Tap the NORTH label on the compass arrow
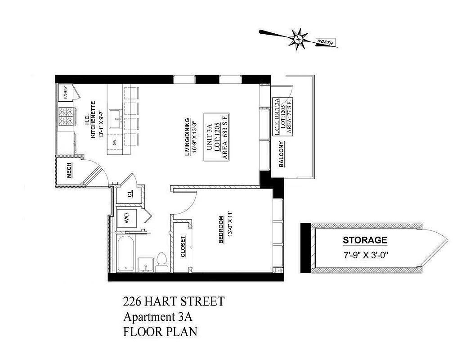(325, 42)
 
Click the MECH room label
(69, 171)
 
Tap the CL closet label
(130, 194)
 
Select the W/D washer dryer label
(127, 220)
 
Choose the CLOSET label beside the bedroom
(183, 247)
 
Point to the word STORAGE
(365, 240)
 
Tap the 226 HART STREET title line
(173, 301)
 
